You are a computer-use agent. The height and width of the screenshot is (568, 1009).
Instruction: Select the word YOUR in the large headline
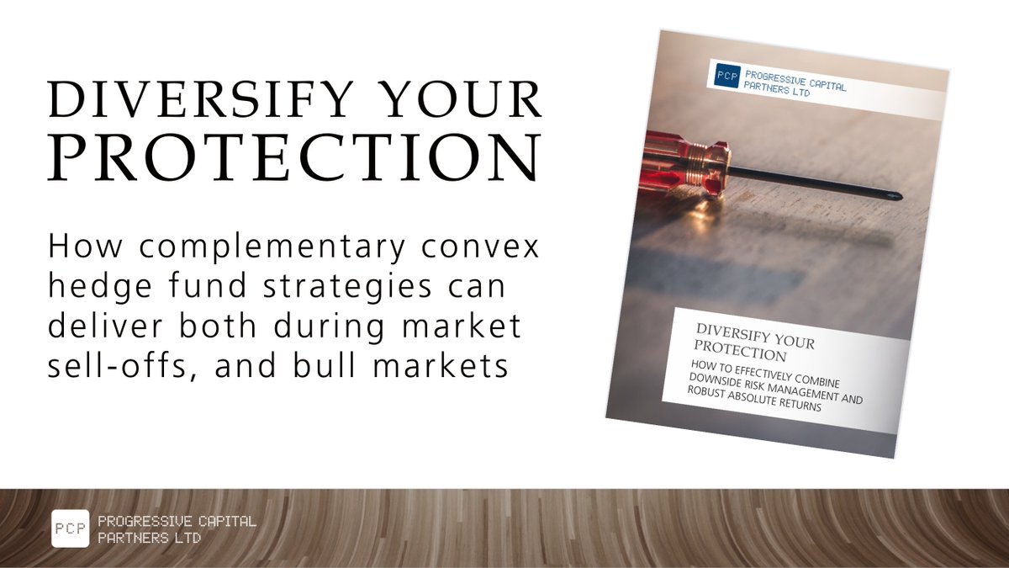pyautogui.click(x=471, y=101)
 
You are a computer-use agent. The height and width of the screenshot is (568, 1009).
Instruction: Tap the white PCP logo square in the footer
pyautogui.click(x=70, y=528)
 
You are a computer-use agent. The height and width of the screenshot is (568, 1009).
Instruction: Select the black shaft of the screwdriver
pyautogui.click(x=807, y=183)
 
